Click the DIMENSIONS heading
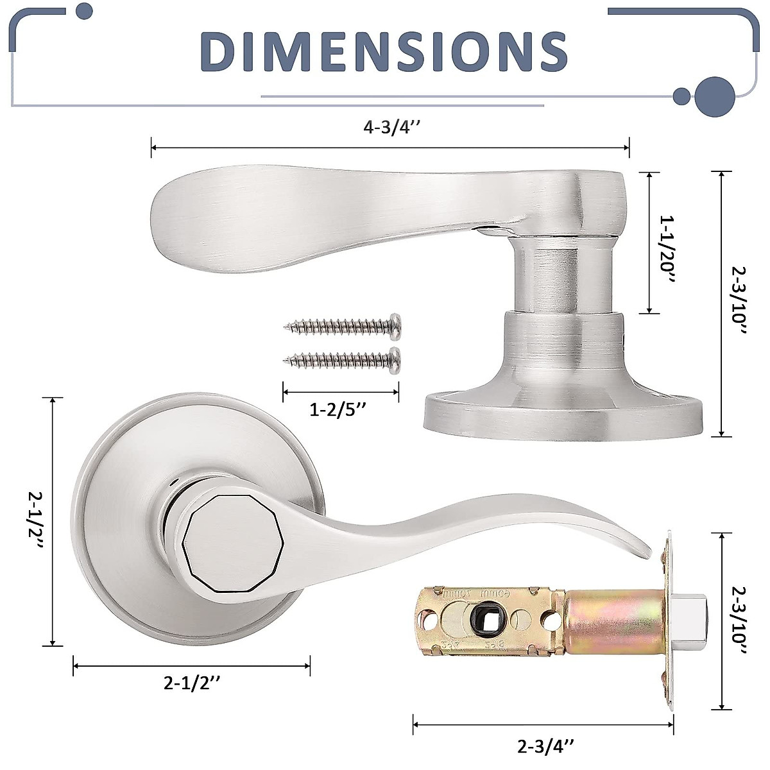(x=383, y=53)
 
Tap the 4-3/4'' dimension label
(x=391, y=128)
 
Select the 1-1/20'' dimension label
(x=667, y=250)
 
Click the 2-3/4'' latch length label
(x=546, y=746)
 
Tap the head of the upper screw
(x=396, y=326)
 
